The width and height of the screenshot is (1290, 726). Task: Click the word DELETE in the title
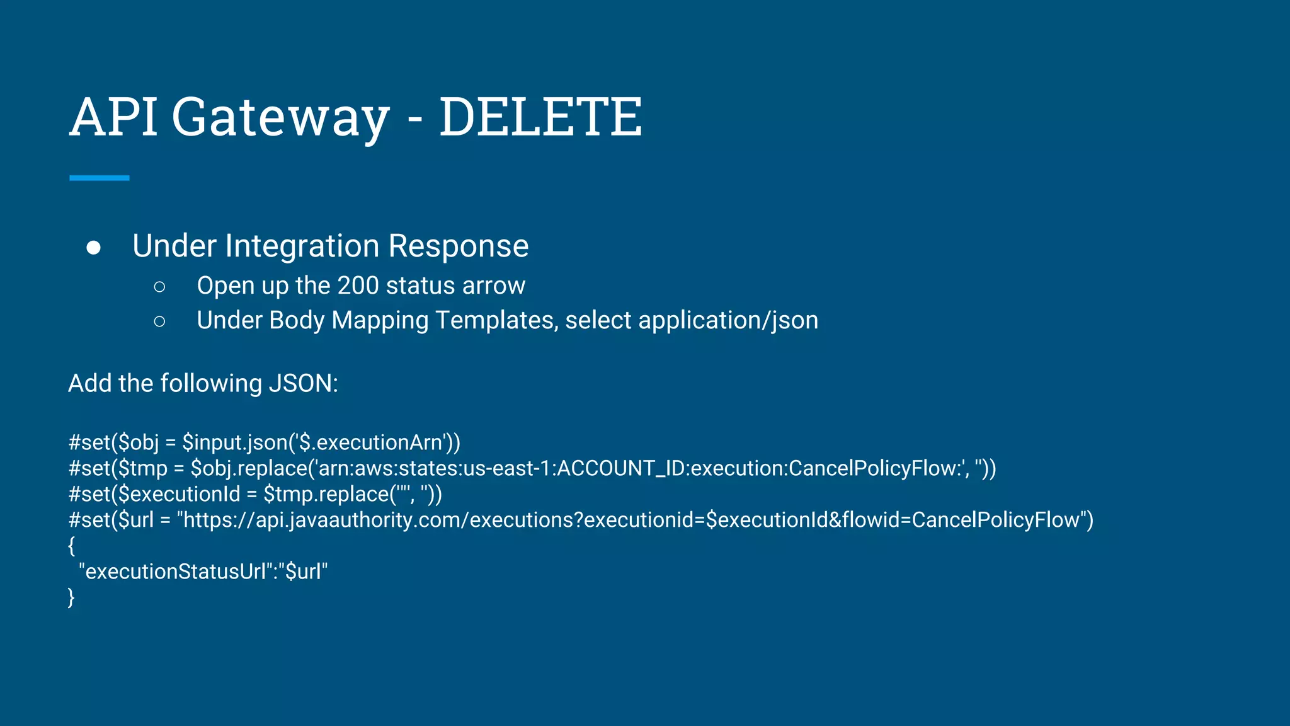click(540, 117)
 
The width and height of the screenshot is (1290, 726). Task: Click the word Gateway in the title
click(280, 118)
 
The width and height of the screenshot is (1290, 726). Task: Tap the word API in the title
click(113, 117)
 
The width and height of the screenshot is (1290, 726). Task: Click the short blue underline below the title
click(99, 178)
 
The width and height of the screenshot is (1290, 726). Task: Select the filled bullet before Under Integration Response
click(93, 248)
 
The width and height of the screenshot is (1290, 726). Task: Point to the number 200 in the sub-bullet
click(358, 285)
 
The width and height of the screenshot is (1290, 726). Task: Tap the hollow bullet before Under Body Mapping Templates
click(159, 321)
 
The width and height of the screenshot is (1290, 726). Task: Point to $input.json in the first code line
click(234, 442)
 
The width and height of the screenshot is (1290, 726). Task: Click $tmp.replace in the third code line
click(325, 494)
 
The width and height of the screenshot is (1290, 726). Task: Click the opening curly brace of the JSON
click(71, 546)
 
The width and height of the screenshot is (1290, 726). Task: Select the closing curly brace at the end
click(71, 597)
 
